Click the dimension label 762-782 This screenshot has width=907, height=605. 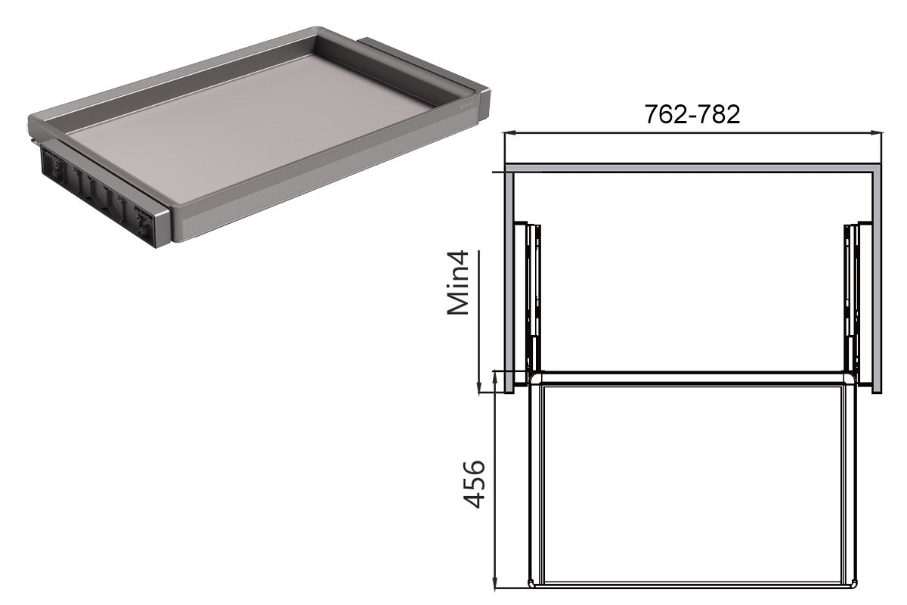coord(692,115)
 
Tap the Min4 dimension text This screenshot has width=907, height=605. coord(458,282)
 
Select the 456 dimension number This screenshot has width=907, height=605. coord(474,484)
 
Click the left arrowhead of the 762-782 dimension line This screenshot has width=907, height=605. coord(509,132)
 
